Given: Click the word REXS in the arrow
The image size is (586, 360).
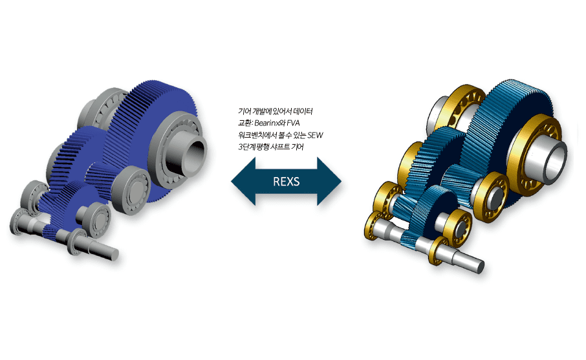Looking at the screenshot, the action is click(x=287, y=182).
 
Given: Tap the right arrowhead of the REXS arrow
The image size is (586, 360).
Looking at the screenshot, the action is click(x=329, y=182).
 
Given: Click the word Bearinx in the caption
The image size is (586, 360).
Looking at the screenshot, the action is click(x=268, y=123).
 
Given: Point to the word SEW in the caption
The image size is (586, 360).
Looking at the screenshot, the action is click(x=315, y=135).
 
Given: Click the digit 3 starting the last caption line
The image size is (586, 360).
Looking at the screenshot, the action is click(x=241, y=147).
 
